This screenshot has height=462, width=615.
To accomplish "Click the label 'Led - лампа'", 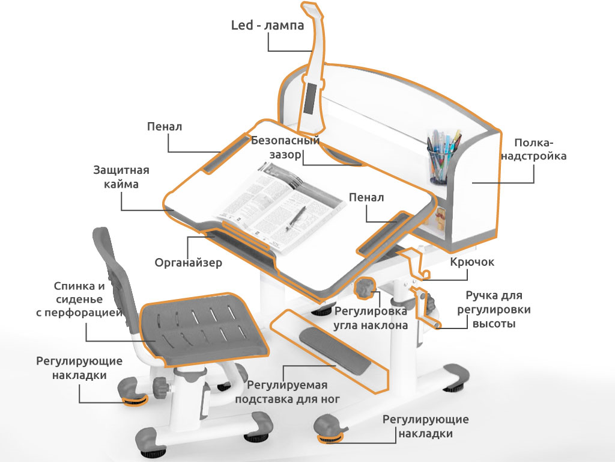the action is (267, 25).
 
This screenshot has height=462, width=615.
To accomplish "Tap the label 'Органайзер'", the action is (188, 262).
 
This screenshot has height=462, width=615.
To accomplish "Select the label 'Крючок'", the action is (472, 262).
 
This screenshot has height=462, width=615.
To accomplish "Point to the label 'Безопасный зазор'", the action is (285, 147).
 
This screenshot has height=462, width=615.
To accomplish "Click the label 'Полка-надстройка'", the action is (534, 149).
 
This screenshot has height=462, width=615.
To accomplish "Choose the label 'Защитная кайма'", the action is (121, 177).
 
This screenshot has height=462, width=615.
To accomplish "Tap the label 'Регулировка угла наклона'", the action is (371, 318).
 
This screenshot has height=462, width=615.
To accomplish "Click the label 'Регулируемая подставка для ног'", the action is (288, 392).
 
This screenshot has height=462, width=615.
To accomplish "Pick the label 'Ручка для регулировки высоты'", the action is (494, 309).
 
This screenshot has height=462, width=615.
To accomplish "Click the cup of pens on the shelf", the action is (441, 157).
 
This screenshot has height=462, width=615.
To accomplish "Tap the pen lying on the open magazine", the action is (296, 217).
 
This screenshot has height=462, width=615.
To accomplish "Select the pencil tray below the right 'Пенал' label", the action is (384, 233).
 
